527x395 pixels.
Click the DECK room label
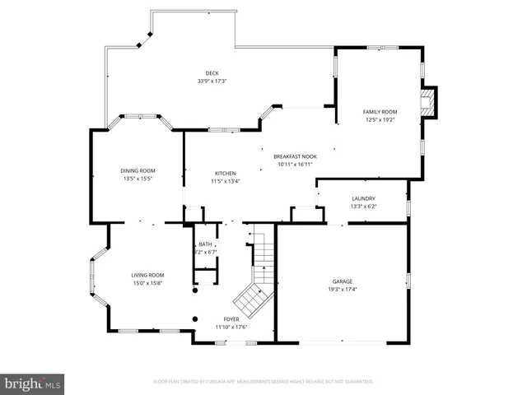click(x=212, y=73)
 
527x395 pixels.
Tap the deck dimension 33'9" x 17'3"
click(x=212, y=81)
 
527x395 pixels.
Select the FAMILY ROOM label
click(x=380, y=111)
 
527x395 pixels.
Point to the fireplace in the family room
click(x=427, y=101)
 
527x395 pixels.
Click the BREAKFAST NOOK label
click(x=296, y=156)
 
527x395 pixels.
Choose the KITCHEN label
click(x=226, y=173)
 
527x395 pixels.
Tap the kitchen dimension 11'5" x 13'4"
click(x=226, y=181)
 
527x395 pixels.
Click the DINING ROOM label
click(x=138, y=170)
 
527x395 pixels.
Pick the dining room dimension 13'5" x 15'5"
click(x=138, y=179)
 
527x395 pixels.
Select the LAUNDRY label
click(x=363, y=198)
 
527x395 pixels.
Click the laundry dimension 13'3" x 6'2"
click(x=363, y=207)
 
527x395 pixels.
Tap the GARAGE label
click(x=343, y=281)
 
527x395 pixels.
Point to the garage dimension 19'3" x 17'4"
click(x=343, y=290)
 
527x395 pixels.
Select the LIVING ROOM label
click(x=147, y=275)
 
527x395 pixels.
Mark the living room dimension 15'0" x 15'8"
click(x=147, y=283)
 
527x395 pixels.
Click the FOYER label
click(x=231, y=318)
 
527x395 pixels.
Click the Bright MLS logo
click(x=33, y=383)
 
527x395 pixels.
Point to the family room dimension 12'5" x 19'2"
click(x=380, y=119)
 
